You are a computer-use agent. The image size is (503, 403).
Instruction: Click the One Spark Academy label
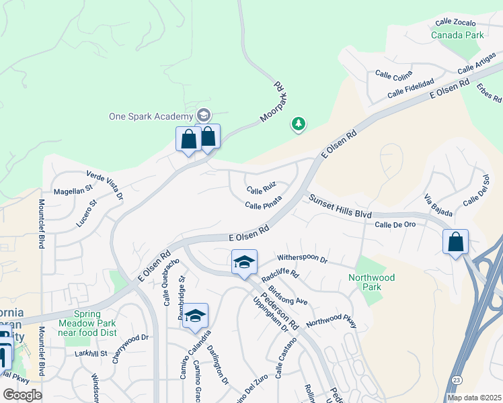[x=151, y=116]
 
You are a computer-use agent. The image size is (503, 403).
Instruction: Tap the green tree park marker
[x=298, y=124]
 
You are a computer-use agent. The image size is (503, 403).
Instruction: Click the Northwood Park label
[x=371, y=282]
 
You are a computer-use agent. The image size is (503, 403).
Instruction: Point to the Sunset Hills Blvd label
[x=340, y=207]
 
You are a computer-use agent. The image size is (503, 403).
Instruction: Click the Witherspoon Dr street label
[x=302, y=259]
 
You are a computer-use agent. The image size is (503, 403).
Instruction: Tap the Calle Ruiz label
[x=261, y=190]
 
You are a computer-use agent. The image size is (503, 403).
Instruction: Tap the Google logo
[x=22, y=395]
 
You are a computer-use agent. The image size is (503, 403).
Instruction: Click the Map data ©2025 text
[x=474, y=398]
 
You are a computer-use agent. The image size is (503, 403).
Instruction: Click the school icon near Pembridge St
[x=195, y=316]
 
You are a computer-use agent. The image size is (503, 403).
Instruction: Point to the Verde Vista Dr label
[x=104, y=185]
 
